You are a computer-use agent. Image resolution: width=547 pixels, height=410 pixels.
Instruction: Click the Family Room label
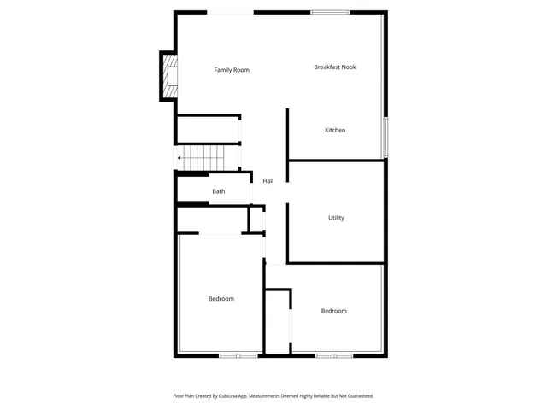click(232, 70)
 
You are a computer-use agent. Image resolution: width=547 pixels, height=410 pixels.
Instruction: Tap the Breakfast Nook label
click(334, 67)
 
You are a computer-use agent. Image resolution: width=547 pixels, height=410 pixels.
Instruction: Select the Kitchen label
click(335, 130)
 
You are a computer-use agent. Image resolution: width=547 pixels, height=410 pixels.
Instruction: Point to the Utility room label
click(336, 218)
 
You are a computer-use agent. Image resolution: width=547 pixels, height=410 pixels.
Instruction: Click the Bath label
click(219, 191)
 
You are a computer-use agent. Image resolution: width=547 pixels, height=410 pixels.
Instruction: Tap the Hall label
click(268, 181)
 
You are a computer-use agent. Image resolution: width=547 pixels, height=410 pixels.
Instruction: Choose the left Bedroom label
click(221, 299)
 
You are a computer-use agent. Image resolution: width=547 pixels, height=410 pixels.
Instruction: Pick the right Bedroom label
click(333, 311)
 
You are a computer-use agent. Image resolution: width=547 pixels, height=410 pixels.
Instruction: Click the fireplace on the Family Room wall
click(169, 76)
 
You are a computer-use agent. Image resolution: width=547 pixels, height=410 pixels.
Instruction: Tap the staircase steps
click(205, 158)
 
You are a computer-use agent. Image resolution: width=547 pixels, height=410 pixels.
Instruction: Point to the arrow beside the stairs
click(179, 158)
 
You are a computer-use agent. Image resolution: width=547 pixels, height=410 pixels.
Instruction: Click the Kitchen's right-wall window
click(385, 137)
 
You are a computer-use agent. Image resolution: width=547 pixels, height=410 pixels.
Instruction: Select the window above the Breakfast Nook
click(323, 12)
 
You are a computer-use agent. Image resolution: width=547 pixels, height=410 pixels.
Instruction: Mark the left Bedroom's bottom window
click(238, 355)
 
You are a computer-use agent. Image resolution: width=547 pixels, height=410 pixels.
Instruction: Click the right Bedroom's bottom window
click(333, 355)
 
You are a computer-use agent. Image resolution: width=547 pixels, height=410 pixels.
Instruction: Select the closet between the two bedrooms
click(278, 323)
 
